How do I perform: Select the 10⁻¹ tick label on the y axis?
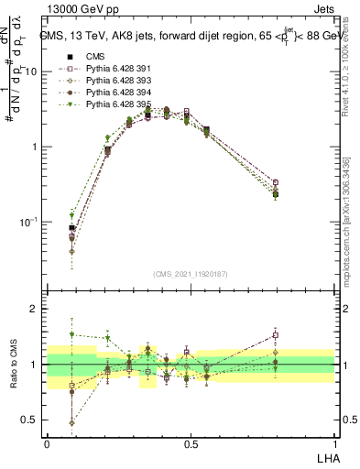point(29,223)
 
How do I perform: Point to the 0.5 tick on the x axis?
point(191,442)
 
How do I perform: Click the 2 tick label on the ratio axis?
point(34,309)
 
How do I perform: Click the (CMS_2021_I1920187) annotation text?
point(190,272)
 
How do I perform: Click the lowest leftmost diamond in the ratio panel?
point(72,422)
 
